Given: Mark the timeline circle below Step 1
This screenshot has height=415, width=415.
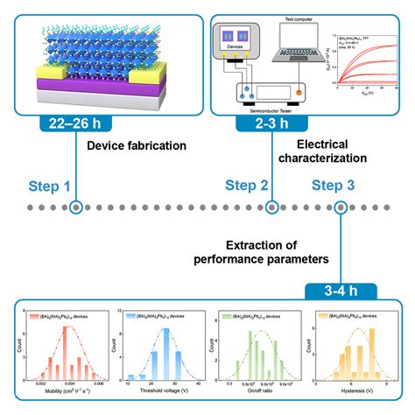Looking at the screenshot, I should tap(77, 208).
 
